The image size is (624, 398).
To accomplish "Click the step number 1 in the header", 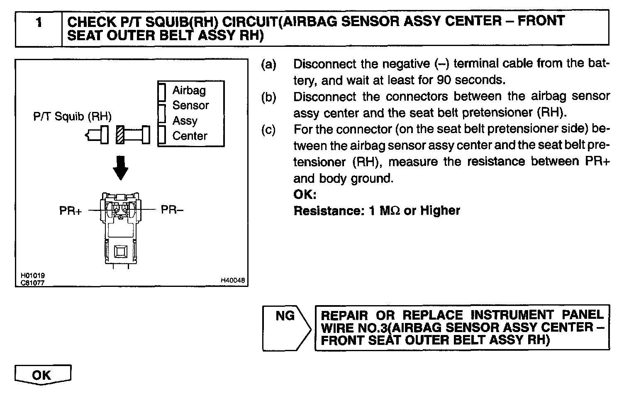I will pos(39,22).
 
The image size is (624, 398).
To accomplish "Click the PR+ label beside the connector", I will pos(70,211).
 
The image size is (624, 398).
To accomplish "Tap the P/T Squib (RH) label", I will pos(72,116).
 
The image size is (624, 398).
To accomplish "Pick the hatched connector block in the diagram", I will pos(120,135).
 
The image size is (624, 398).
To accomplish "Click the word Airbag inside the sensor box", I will pos(189,90).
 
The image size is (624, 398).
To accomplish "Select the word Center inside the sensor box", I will pos(190,136).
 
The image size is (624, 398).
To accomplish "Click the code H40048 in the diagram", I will pos(233,281).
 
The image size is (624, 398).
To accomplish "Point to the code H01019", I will pos(33,275).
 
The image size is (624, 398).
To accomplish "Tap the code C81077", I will pos(33,283).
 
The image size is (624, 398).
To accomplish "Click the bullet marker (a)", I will pos(268,64).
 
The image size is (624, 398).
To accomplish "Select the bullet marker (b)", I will pos(268,97).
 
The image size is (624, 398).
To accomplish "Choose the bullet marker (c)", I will pos(268,130).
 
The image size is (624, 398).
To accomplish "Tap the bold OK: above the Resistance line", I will pos(305,194).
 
